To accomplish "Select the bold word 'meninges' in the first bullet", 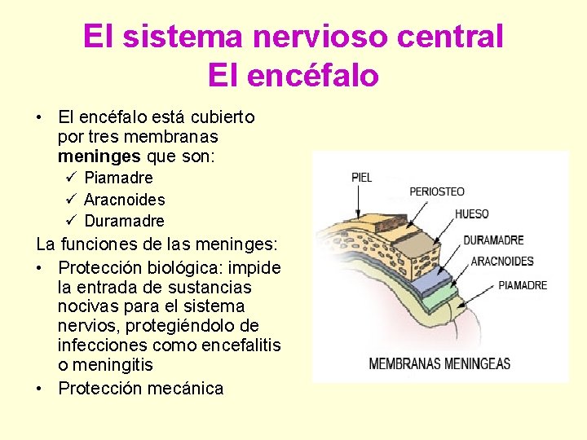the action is (x=99, y=156).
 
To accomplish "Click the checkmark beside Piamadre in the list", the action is (x=71, y=177).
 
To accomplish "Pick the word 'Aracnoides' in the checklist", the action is (x=124, y=200).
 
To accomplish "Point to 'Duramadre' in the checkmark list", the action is (x=124, y=221).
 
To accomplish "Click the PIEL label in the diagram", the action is (x=361, y=178).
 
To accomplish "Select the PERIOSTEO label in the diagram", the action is (x=436, y=192).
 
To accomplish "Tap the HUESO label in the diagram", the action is (x=471, y=214).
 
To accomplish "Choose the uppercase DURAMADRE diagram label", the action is (x=493, y=240).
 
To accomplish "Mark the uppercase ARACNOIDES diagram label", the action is (x=502, y=262).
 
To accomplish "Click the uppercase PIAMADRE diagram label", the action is (x=523, y=285).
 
